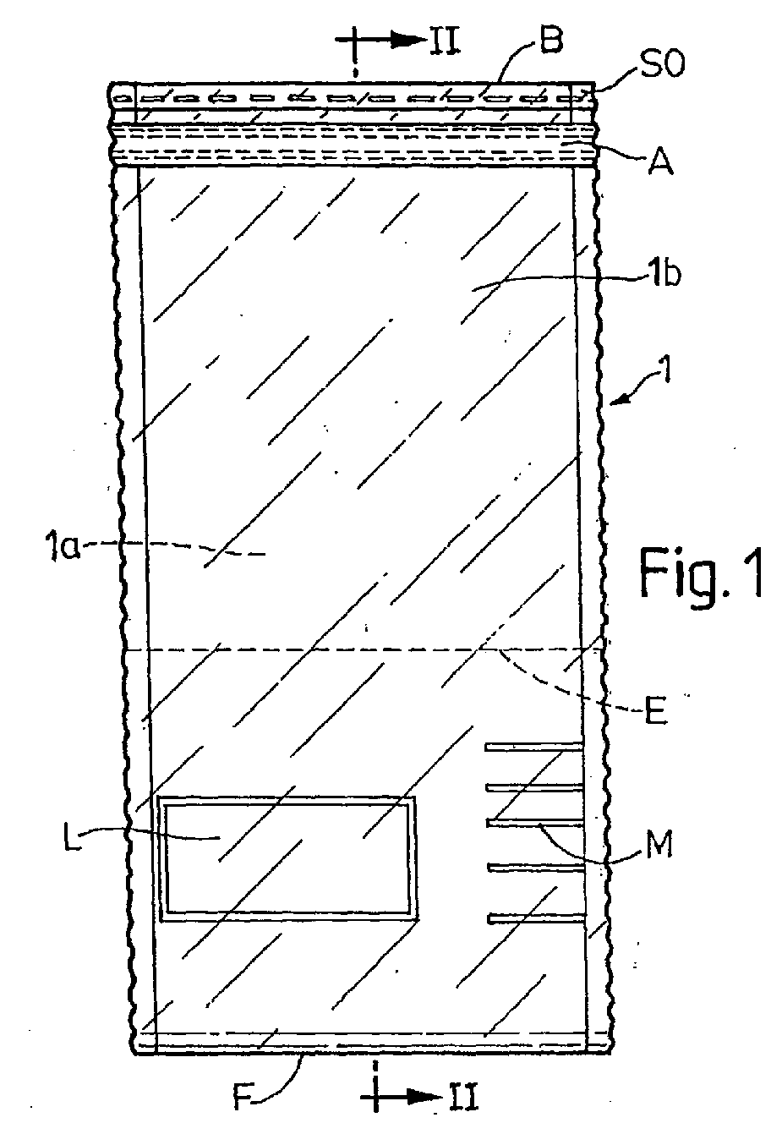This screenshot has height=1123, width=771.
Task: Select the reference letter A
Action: pyautogui.click(x=661, y=161)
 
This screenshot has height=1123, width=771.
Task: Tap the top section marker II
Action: pyautogui.click(x=444, y=40)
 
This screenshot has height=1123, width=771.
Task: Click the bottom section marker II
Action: pyautogui.click(x=464, y=1097)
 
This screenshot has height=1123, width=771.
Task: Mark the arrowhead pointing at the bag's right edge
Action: pyautogui.click(x=621, y=398)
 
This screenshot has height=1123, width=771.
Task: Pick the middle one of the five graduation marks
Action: pyautogui.click(x=534, y=822)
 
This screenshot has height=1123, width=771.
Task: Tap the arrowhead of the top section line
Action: pyautogui.click(x=407, y=39)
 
